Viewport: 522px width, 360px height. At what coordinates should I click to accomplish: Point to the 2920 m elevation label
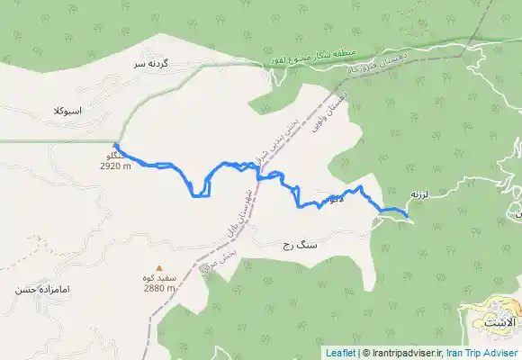click(x=116, y=166)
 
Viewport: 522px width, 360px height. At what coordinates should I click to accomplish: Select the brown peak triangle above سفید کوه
click(x=159, y=268)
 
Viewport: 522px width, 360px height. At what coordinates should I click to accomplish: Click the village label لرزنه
click(x=421, y=193)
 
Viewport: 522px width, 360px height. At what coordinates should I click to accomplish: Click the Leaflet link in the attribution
click(x=340, y=354)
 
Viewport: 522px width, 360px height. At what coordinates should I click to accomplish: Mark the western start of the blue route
click(x=115, y=145)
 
